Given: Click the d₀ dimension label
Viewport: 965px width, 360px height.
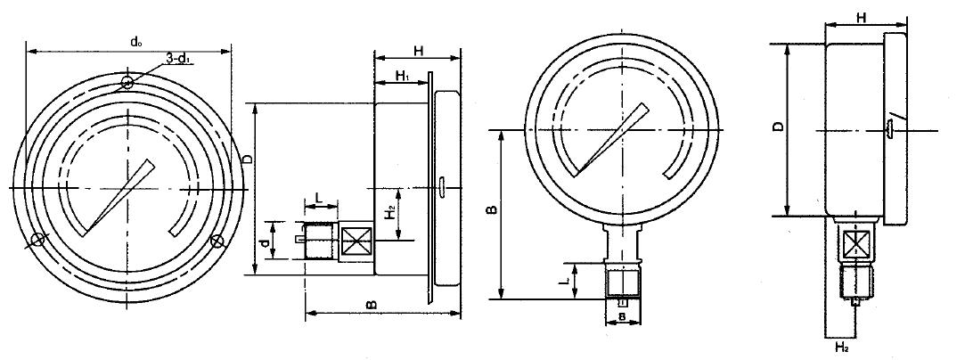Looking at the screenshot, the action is [x=135, y=42].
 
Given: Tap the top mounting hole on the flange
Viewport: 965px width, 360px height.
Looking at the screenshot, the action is [x=127, y=82].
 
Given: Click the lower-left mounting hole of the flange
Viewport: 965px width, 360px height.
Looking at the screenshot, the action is [x=37, y=241].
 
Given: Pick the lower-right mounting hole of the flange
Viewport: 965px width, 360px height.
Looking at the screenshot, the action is [x=217, y=241].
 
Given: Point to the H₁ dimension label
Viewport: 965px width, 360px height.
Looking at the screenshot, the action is [x=403, y=76].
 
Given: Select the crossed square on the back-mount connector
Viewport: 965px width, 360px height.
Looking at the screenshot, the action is [x=356, y=240].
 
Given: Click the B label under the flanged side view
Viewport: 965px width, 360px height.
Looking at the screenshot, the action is [x=371, y=305].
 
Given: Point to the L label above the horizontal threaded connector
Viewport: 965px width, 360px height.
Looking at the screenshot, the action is [x=319, y=198].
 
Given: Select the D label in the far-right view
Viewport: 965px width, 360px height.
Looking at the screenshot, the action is [x=779, y=127].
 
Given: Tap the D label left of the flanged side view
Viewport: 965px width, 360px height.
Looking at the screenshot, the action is [x=248, y=159].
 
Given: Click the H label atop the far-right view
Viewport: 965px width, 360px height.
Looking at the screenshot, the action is [x=862, y=19].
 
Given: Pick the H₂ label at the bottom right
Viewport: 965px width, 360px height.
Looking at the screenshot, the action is [x=842, y=348].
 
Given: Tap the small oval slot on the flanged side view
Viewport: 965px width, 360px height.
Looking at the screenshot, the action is [x=442, y=187].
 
